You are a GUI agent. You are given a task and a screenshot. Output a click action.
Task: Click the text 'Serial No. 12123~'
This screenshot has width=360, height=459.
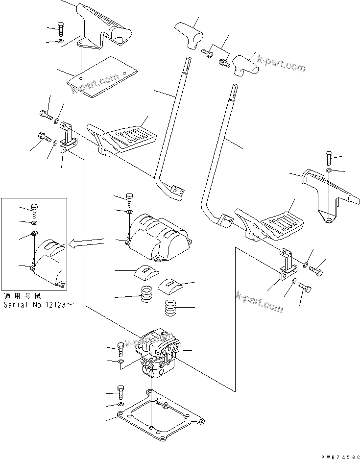click(39, 304)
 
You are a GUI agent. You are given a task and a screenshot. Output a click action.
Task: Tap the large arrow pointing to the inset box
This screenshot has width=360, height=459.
click(88, 241)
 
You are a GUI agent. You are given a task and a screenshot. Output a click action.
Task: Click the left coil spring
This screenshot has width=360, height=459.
click(145, 295)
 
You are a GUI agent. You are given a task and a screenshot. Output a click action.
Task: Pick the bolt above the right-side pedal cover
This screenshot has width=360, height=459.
click(328, 159)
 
